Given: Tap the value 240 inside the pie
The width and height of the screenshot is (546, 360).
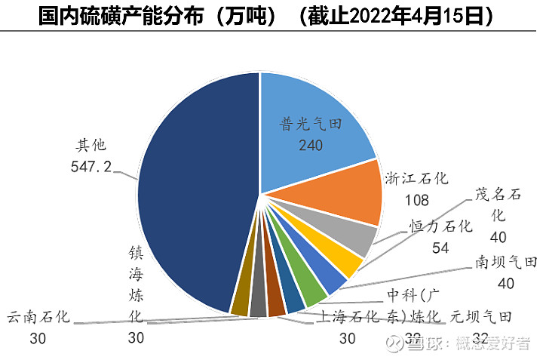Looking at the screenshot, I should [x=310, y=145].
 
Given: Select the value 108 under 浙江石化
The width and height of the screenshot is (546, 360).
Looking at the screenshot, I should [x=416, y=201].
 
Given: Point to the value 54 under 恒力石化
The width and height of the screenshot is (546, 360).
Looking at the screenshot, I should [x=441, y=248].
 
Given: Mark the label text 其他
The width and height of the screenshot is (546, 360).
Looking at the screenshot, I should [x=92, y=144].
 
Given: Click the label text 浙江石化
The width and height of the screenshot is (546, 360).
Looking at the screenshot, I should [x=416, y=179].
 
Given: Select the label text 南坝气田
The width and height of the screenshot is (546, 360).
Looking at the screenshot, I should [x=506, y=263].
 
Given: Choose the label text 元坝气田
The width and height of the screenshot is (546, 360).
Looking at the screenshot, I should [x=482, y=316].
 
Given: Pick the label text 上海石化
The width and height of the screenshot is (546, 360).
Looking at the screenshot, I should [x=348, y=317].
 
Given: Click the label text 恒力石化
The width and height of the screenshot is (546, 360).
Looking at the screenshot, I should [x=441, y=226].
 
